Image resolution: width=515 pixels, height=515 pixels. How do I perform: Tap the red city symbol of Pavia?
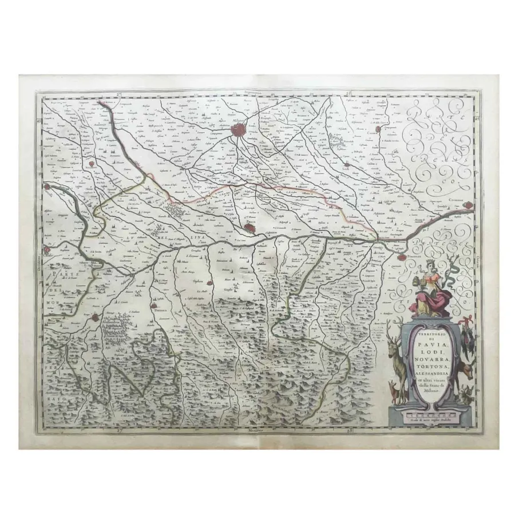click(x=250, y=228)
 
